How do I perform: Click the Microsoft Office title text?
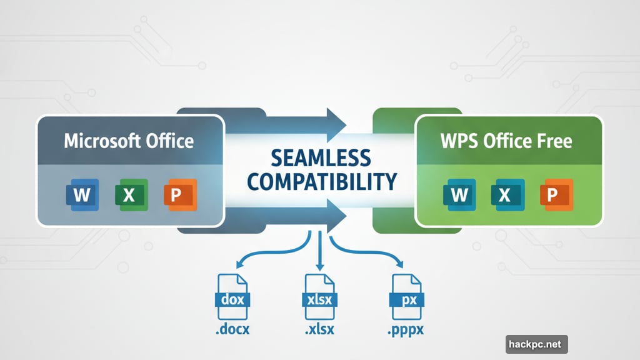129,140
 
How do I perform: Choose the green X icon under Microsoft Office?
129,195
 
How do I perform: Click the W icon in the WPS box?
459,195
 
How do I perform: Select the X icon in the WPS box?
506,195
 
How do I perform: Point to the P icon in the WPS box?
552,195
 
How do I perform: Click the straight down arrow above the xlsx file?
319,250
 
